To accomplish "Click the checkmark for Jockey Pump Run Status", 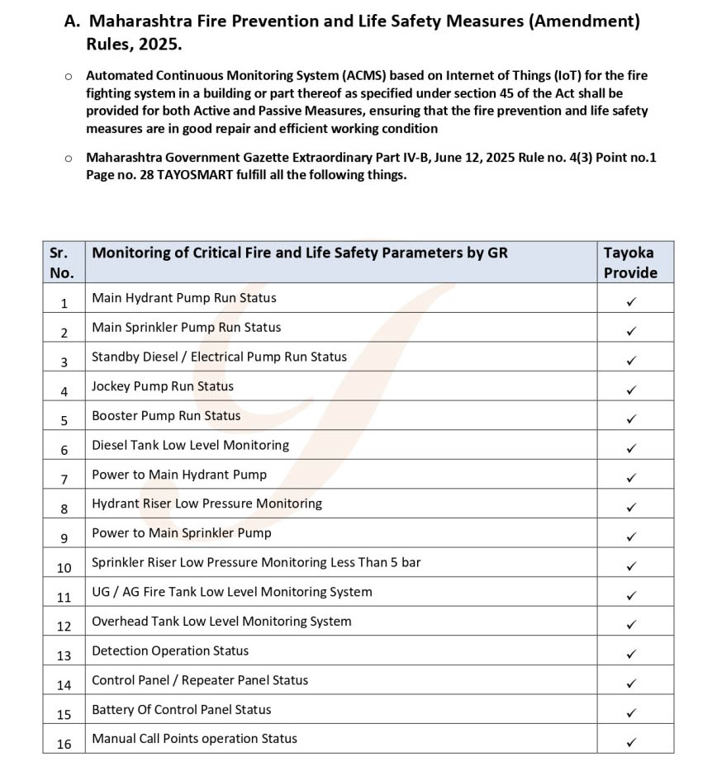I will tap(631, 390).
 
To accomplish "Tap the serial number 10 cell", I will tap(64, 567).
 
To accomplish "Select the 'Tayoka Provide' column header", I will tap(630, 263).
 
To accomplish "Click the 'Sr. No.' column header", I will tap(61, 263).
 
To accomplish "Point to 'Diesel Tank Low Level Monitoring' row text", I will tap(190, 445).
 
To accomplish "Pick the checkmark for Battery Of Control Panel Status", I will tap(631, 712).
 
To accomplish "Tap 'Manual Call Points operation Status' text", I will tap(194, 739).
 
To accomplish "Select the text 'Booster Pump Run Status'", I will tap(166, 415).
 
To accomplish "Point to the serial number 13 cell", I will tap(64, 655).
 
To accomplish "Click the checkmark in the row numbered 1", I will tap(631, 302).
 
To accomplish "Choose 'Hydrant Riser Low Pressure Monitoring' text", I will tap(207, 504).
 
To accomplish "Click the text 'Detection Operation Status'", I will tap(170, 650).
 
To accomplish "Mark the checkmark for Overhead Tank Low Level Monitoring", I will tap(631, 625).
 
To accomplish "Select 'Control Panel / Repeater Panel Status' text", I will tap(200, 680).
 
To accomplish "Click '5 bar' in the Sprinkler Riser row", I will tap(403, 562).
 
